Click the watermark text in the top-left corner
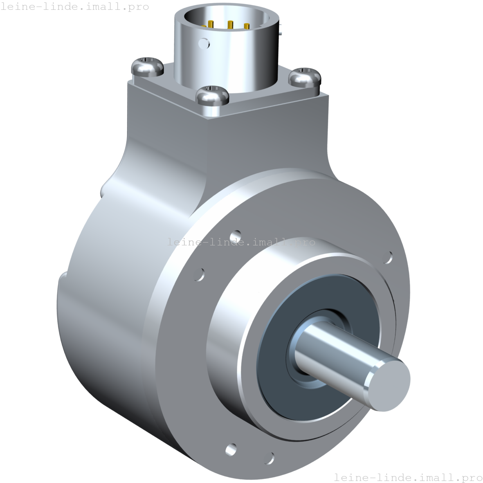[74, 7]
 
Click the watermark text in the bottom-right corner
[408, 477]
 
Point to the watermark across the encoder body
[241, 242]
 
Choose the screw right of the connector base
[304, 76]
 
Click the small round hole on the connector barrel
[203, 42]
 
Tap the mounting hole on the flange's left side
[200, 274]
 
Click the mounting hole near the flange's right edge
[388, 258]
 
